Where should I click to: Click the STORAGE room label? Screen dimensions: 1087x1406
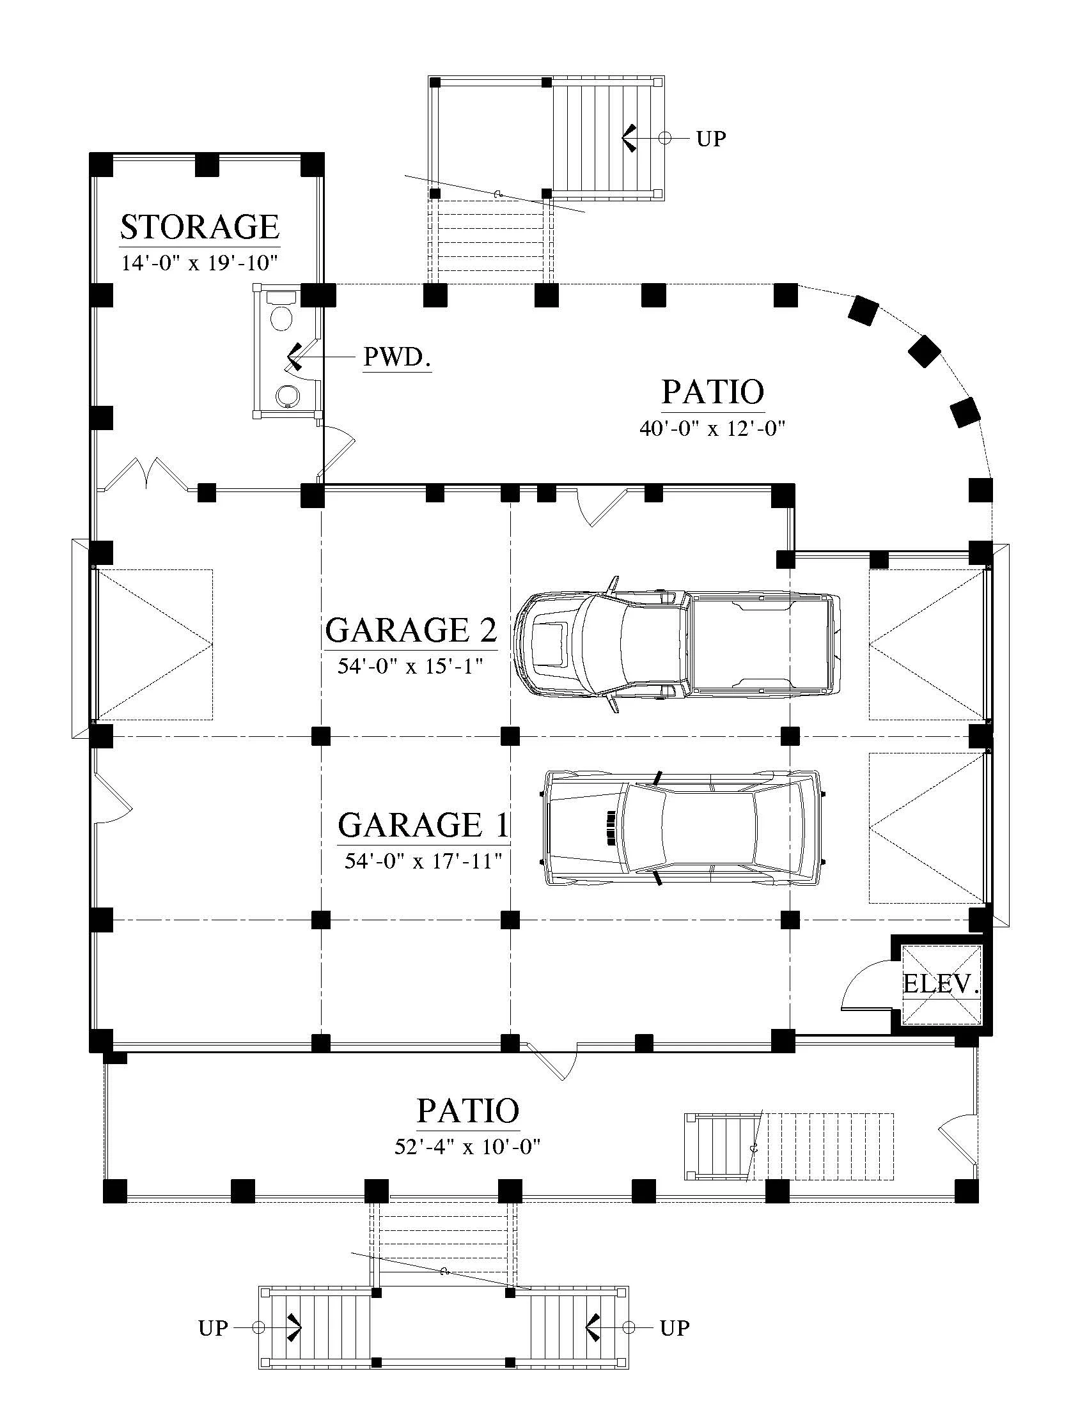point(199,227)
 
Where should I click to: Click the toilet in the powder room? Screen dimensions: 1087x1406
point(281,311)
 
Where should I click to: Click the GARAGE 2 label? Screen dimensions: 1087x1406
point(411,630)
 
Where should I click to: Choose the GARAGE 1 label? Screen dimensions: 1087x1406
point(423,824)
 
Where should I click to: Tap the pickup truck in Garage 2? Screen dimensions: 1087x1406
point(677,644)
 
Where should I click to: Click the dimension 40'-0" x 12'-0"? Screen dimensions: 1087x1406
point(712,428)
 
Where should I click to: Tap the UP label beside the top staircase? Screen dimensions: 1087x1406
point(711,139)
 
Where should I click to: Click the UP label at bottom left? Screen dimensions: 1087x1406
point(213,1327)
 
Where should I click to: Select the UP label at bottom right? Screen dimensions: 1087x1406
point(675,1327)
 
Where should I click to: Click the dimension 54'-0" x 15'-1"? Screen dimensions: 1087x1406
point(411,666)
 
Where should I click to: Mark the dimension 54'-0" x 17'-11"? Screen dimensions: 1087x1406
point(423,861)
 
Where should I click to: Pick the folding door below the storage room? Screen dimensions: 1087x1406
point(147,474)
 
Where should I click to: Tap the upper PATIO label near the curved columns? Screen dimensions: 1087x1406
point(713,392)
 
